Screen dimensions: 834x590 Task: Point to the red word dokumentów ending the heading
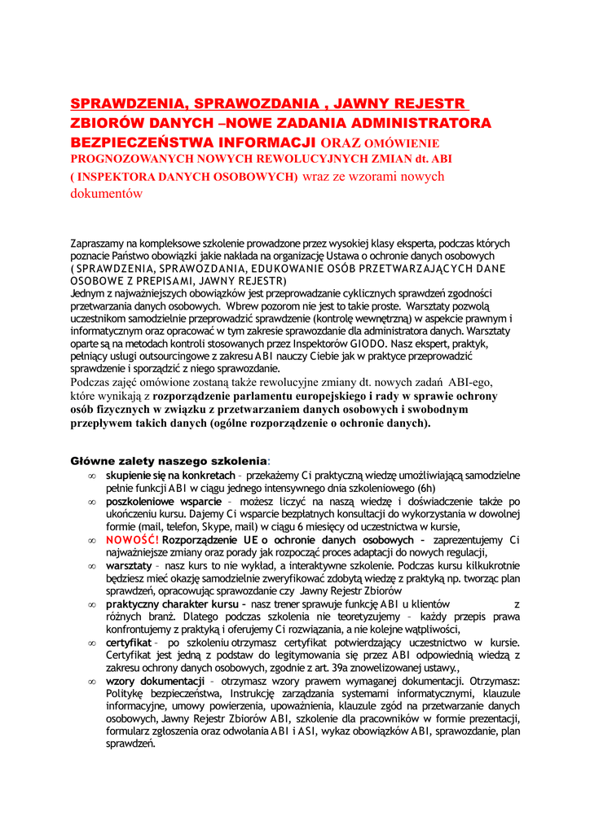[107, 194]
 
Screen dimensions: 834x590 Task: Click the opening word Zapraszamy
[100, 243]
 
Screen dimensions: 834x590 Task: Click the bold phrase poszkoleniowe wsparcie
[158, 502]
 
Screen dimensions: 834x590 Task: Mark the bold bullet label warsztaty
[130, 565]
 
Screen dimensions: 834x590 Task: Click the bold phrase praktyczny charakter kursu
[174, 604]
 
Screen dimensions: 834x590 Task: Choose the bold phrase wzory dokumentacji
[155, 681]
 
